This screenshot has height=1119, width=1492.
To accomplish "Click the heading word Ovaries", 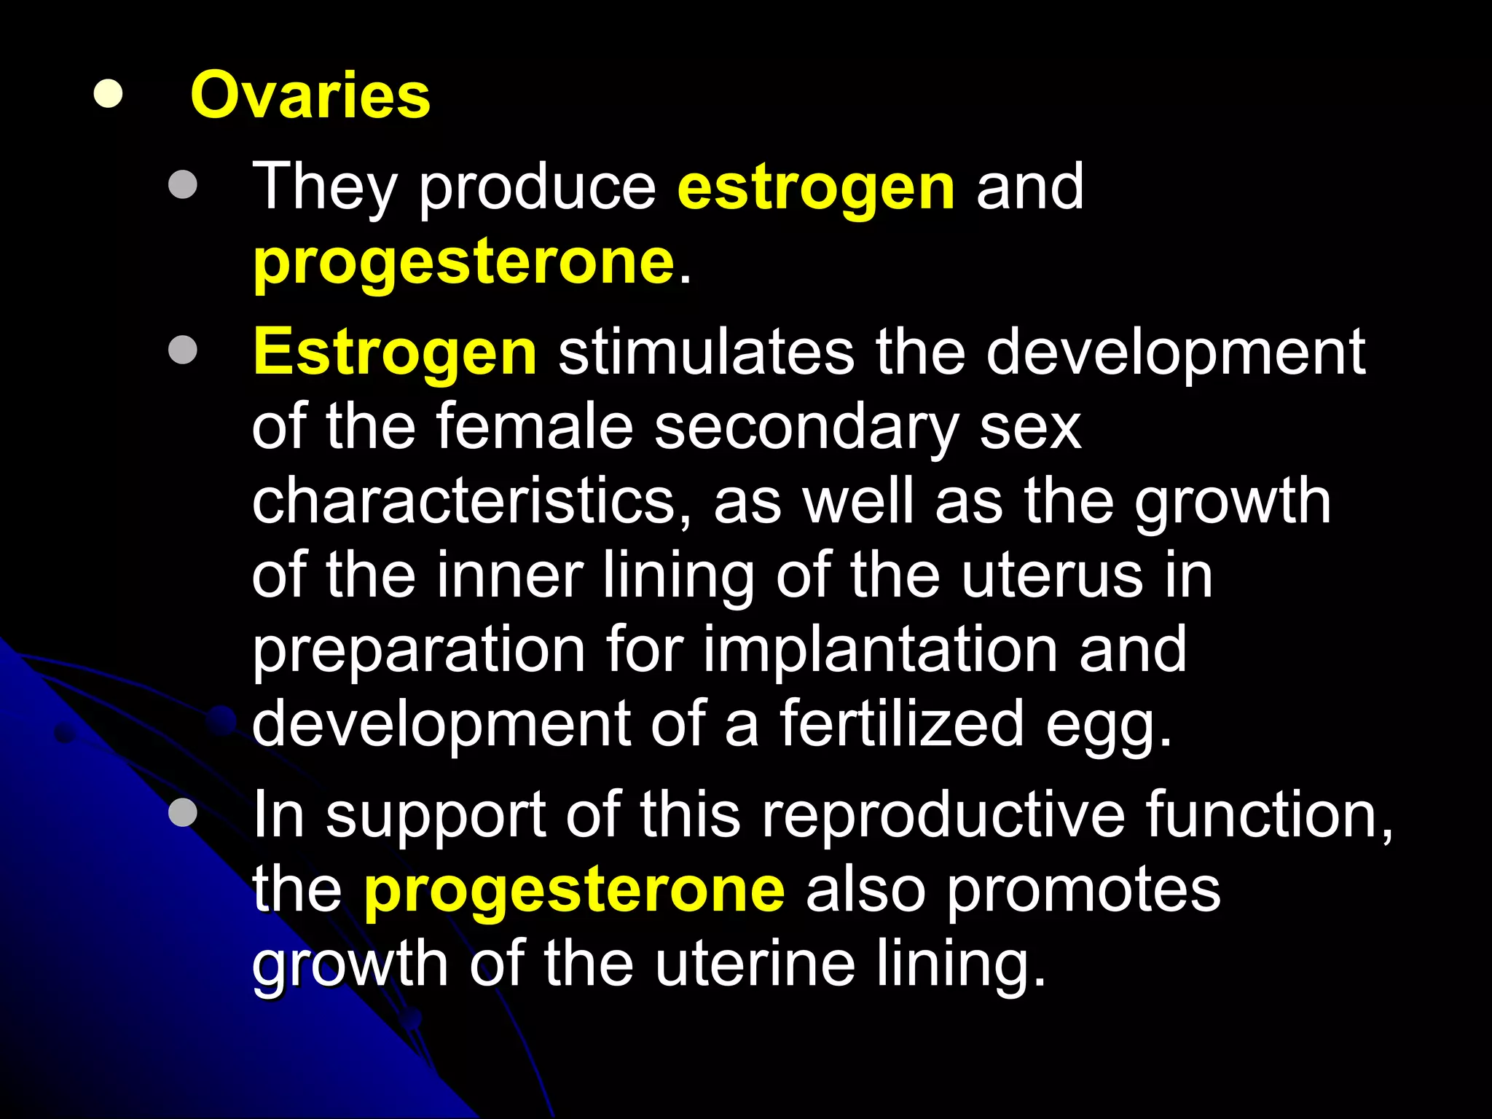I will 310,95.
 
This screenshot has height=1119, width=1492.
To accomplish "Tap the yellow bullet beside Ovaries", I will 108,94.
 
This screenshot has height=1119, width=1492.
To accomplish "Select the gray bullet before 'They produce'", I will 182,184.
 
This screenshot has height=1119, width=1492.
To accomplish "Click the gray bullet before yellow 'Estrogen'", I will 182,350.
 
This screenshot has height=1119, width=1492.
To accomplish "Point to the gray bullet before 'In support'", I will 182,812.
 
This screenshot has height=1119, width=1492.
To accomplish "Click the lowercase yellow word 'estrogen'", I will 816,188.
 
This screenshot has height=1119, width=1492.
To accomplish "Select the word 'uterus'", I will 1051,576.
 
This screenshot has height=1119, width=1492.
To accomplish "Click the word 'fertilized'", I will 901,724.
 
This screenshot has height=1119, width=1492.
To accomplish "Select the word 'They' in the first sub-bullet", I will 324,188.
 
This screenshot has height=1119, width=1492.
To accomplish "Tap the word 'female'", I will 535,428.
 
